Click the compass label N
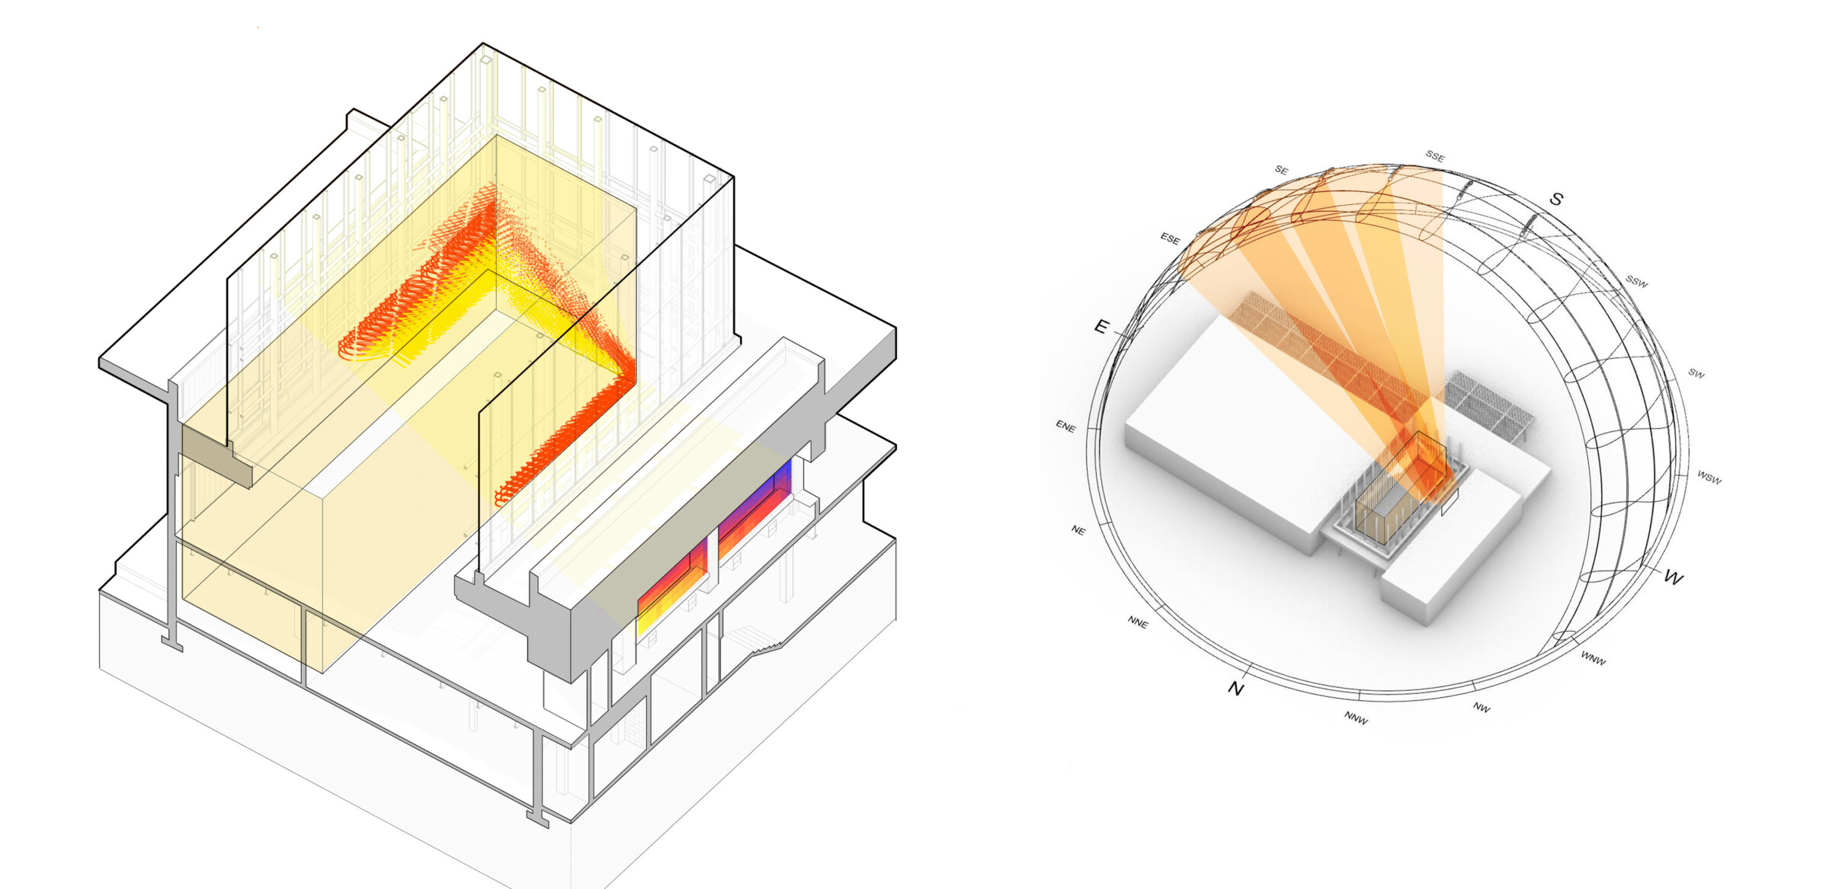click(1235, 689)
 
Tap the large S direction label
click(1556, 199)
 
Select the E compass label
click(1101, 327)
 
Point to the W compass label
click(1673, 577)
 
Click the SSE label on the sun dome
click(1434, 156)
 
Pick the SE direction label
click(1281, 171)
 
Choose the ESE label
click(1170, 239)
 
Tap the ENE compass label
click(1065, 427)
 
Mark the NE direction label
click(1078, 530)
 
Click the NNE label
click(1138, 622)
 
